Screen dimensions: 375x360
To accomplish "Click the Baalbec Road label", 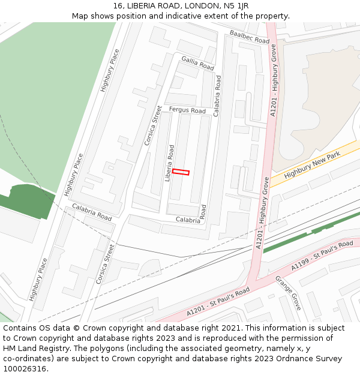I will point(250,36).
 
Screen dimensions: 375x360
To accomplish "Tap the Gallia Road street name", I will point(197,62).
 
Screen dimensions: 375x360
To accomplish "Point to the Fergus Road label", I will point(187,110).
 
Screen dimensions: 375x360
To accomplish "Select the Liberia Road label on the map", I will point(171,163).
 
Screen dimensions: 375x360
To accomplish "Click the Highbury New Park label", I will point(312,165).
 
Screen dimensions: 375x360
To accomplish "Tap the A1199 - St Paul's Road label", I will point(322,255).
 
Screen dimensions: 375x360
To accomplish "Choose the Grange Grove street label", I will point(288,293).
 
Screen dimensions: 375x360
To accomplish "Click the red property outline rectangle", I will point(181,172).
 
